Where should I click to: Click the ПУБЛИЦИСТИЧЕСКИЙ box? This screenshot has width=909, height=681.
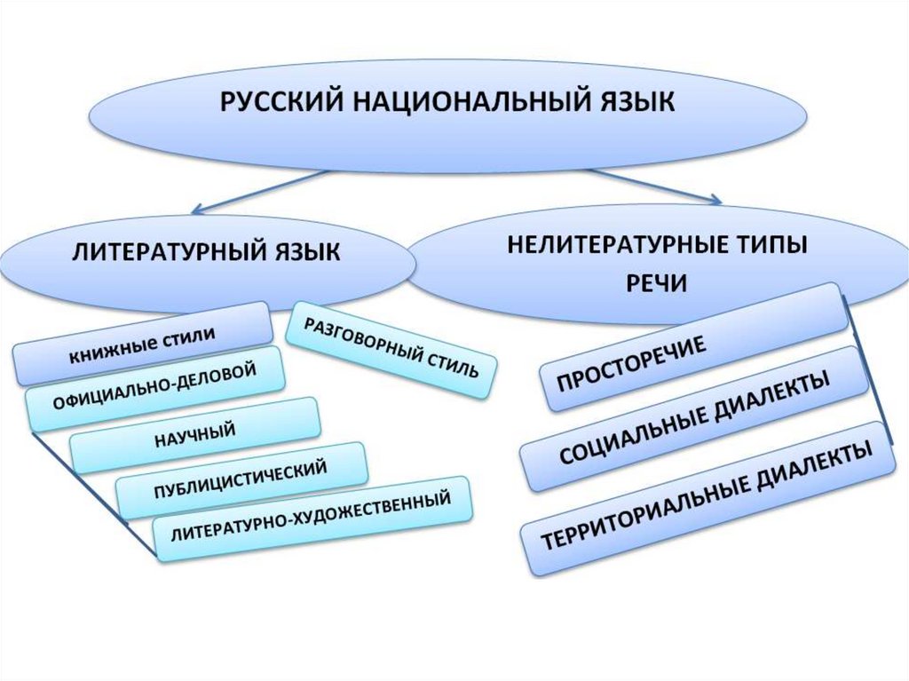point(241,480)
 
